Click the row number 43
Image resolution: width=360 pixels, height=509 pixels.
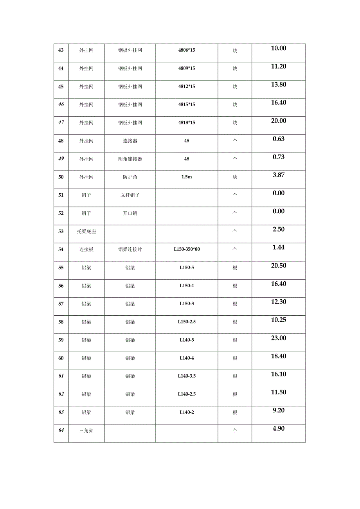point(61,50)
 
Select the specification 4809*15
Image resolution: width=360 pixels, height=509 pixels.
point(187,68)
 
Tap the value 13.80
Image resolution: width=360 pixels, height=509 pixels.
point(279,85)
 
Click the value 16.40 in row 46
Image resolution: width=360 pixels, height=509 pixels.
point(279,103)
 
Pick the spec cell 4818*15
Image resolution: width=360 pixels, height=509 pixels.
point(187,123)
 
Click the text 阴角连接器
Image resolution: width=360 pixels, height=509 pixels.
point(130,159)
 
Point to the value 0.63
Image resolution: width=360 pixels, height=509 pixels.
point(279,139)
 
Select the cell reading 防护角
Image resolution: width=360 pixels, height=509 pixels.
point(130,177)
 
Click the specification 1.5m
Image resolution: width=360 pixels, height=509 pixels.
point(187,177)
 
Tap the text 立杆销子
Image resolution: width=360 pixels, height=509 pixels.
point(130,195)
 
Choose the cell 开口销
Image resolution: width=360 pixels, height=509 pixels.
point(130,213)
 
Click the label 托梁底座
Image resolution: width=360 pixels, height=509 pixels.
point(86,231)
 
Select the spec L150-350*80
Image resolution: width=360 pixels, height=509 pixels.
point(187,249)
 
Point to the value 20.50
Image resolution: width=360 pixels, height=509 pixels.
point(279,266)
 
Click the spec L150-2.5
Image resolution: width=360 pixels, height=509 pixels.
point(187,322)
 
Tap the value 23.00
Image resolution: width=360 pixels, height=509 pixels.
point(279,338)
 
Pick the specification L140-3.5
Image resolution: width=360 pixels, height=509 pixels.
point(187,376)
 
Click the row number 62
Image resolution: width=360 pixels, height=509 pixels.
point(61,394)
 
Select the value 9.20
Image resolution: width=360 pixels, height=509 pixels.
point(279,410)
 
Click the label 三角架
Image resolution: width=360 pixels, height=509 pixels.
point(86,430)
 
